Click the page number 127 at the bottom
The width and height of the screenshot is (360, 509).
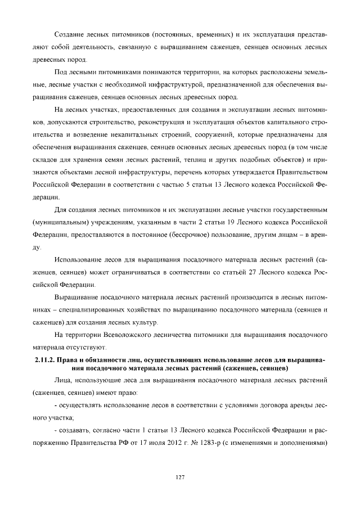click(180, 478)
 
